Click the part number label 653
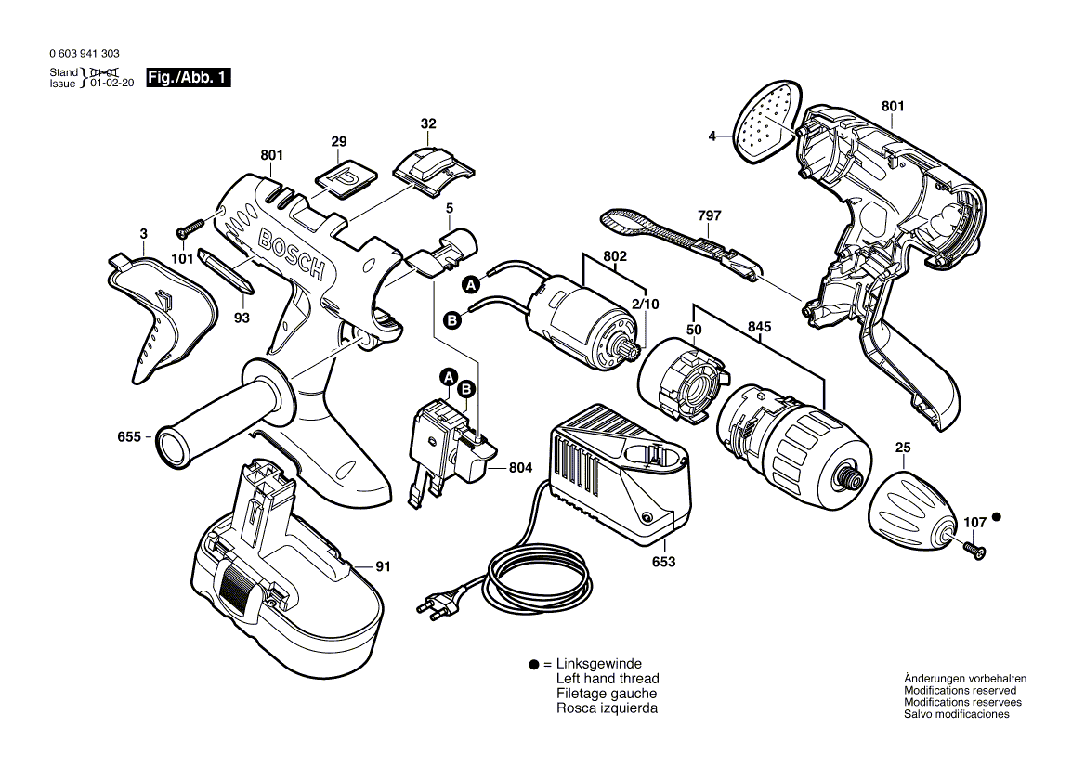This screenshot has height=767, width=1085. pyautogui.click(x=663, y=563)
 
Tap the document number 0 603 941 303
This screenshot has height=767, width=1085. pyautogui.click(x=85, y=55)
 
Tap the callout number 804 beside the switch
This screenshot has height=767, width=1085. pyautogui.click(x=521, y=469)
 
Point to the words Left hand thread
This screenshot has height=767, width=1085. pyautogui.click(x=608, y=679)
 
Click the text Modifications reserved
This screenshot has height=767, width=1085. pyautogui.click(x=960, y=691)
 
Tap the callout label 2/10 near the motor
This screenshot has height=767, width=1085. pyautogui.click(x=646, y=305)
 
